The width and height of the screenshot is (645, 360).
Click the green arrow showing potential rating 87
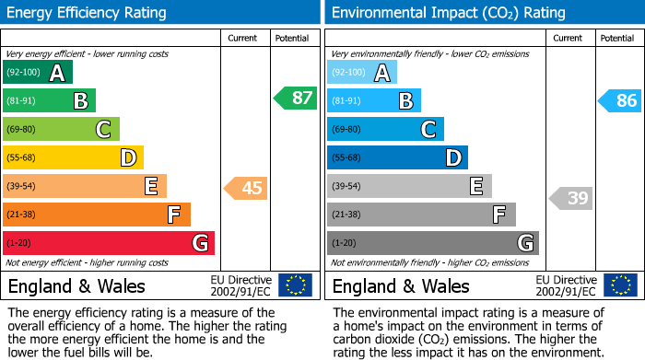[295, 99]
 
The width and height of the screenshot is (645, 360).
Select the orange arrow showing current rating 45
[246, 189]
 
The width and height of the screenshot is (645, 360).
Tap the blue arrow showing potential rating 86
[620, 100]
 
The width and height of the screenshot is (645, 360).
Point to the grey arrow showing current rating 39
[571, 198]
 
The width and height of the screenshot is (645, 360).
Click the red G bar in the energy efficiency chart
[109, 243]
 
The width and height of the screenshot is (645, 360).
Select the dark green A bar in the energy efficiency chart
[38, 73]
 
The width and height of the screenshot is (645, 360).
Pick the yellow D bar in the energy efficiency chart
[74, 157]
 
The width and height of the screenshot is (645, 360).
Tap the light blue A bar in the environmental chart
[362, 73]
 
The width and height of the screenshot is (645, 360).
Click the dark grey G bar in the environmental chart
[432, 243]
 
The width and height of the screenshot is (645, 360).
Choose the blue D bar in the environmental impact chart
[397, 157]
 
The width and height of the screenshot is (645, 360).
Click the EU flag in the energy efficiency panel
[295, 285]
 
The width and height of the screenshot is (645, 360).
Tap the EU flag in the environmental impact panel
[619, 285]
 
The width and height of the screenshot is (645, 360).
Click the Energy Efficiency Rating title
[88, 13]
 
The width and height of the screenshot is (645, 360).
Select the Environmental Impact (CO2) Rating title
[448, 13]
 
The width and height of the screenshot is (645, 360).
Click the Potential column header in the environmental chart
[617, 38]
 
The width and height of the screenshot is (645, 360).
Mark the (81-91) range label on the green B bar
[22, 101]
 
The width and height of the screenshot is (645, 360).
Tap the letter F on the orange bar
[172, 215]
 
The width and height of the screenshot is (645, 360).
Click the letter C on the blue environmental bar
[428, 130]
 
